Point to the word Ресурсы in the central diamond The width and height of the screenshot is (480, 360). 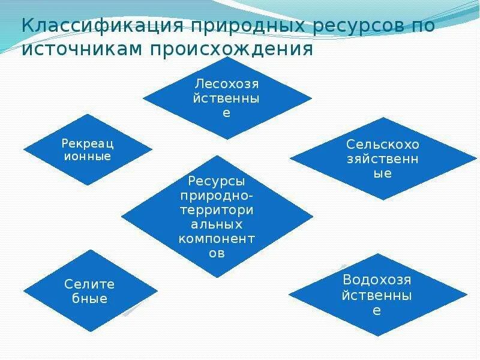pyautogui.click(x=217, y=181)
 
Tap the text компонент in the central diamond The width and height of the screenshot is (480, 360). pyautogui.click(x=217, y=238)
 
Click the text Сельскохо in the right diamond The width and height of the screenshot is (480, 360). pyautogui.click(x=383, y=145)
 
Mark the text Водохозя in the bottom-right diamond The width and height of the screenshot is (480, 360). pyautogui.click(x=377, y=280)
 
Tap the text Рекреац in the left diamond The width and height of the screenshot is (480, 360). pyautogui.click(x=87, y=143)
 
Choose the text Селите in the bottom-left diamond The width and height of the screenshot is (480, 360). pyautogui.click(x=90, y=284)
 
